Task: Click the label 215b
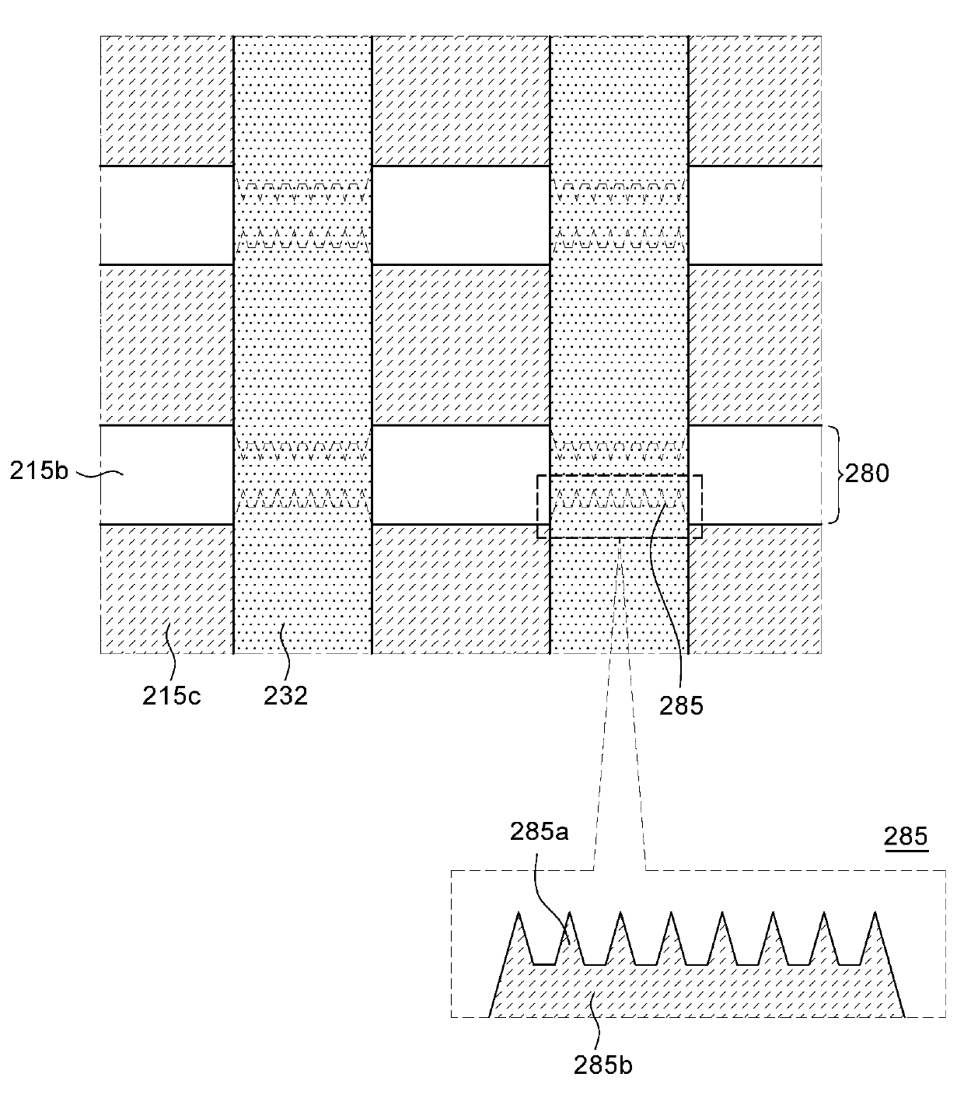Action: [x=39, y=471]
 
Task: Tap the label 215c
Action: [x=172, y=696]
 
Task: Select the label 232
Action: [x=285, y=696]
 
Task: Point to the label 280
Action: [x=867, y=474]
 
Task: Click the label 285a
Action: [x=540, y=832]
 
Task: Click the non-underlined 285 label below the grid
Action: [x=681, y=706]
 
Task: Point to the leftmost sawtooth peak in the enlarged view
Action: [x=519, y=913]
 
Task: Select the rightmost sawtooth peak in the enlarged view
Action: [x=875, y=913]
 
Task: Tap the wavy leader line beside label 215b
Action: [x=100, y=474]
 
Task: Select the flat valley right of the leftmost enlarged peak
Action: [x=543, y=964]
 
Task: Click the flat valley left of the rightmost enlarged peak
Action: [x=849, y=964]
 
